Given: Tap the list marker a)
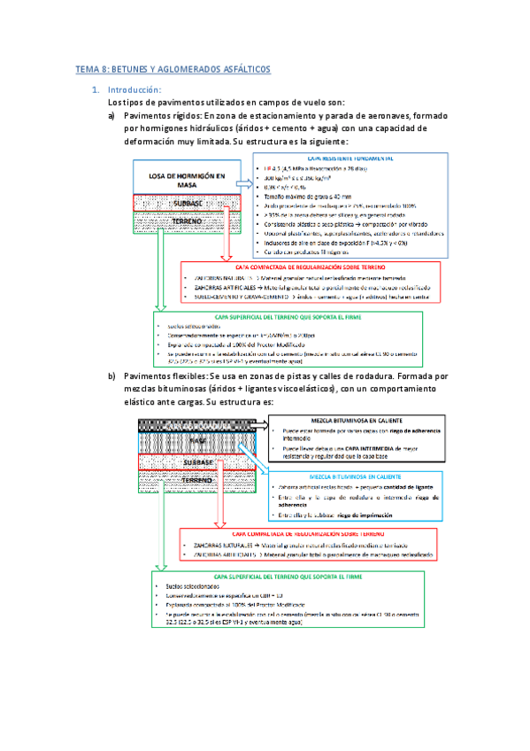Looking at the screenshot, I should coord(112,116).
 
